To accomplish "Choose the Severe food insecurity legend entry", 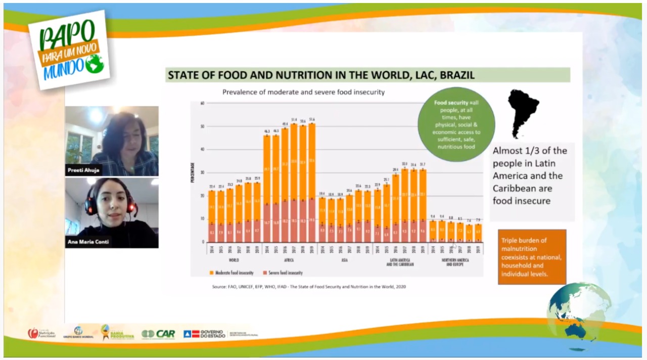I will pyautogui.click(x=281, y=273).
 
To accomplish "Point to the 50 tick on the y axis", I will pyautogui.click(x=202, y=126).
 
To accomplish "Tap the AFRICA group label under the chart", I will pyautogui.click(x=289, y=260).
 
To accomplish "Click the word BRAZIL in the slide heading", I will pyautogui.click(x=457, y=75).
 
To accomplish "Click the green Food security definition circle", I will pyautogui.click(x=456, y=124).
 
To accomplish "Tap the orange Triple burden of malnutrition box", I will pyautogui.click(x=532, y=257).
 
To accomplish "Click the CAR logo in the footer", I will pyautogui.click(x=158, y=334).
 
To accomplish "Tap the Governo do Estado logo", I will pyautogui.click(x=207, y=334).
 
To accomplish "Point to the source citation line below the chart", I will pyautogui.click(x=308, y=287).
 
